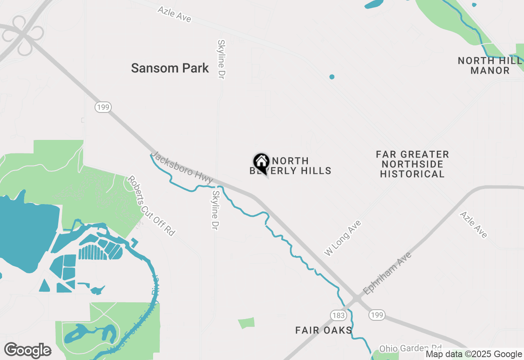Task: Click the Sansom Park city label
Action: pyautogui.click(x=170, y=68)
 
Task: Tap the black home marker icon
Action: pyautogui.click(x=261, y=162)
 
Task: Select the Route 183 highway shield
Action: pyautogui.click(x=339, y=315)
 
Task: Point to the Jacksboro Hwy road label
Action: pyautogui.click(x=182, y=168)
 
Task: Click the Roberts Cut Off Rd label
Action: pyautogui.click(x=151, y=206)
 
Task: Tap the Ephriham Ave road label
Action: pyautogui.click(x=387, y=273)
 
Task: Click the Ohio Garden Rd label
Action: pyautogui.click(x=411, y=349)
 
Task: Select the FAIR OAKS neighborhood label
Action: pyautogui.click(x=324, y=330)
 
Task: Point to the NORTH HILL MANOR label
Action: pyautogui.click(x=490, y=65)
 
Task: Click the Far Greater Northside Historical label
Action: pyautogui.click(x=412, y=164)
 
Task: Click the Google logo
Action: pyautogui.click(x=28, y=350)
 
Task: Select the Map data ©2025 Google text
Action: pyautogui.click(x=474, y=354)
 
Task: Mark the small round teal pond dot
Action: pyautogui.click(x=332, y=77)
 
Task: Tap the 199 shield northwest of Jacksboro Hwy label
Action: pyautogui.click(x=103, y=108)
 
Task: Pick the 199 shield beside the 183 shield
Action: pyautogui.click(x=376, y=315)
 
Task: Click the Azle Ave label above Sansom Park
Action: pyautogui.click(x=174, y=14)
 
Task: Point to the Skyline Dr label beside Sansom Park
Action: pyautogui.click(x=221, y=59)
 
